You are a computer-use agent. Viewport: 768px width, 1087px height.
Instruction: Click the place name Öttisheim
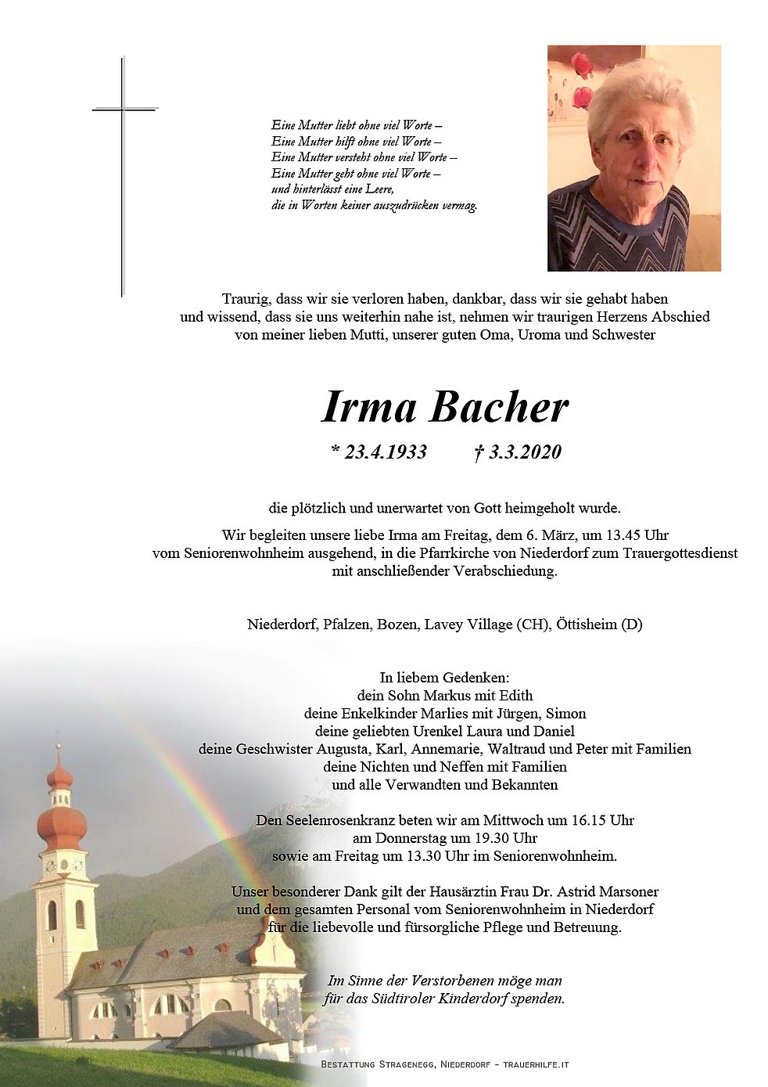coord(586,624)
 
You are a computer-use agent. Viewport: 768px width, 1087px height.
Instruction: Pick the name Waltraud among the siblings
coord(536,749)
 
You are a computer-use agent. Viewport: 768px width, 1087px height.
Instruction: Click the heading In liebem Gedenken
coord(444,678)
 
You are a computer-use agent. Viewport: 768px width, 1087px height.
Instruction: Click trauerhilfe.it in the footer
coord(536,1064)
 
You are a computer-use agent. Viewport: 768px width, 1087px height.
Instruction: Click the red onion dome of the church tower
coord(62,826)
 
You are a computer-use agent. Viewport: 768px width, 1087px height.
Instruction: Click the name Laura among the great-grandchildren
coord(489,731)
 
